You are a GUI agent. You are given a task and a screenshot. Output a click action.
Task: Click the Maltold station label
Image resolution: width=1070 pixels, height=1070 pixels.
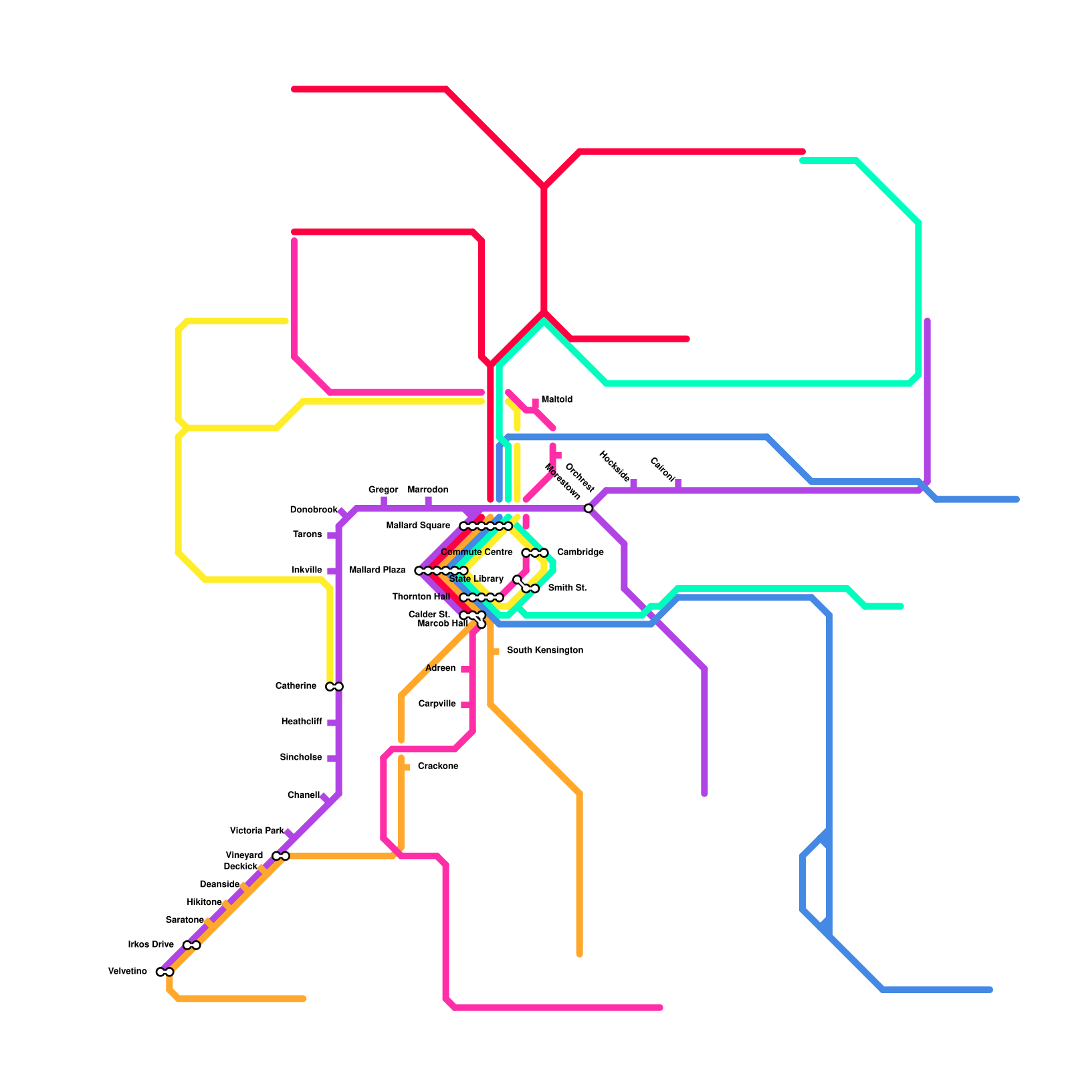point(556,400)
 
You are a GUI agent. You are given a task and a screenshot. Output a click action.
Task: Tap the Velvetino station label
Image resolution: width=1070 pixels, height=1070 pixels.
point(128,972)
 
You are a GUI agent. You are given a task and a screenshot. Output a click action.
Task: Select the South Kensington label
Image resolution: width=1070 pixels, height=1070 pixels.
point(544,651)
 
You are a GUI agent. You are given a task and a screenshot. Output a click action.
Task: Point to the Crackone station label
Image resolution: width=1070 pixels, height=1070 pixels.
point(438,766)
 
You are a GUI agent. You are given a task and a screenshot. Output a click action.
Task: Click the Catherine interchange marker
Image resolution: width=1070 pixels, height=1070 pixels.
point(334,687)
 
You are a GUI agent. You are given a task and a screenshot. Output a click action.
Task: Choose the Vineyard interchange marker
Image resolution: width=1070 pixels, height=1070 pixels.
point(281,857)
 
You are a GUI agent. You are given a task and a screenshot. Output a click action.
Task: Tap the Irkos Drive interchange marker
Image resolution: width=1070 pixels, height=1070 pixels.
point(192,946)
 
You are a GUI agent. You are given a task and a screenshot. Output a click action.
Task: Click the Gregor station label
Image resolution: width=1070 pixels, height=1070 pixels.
point(383,490)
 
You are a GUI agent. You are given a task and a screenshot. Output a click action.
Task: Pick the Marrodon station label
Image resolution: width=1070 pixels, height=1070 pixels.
point(428,490)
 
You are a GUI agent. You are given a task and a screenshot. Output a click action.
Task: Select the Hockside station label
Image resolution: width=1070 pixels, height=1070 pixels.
point(614,466)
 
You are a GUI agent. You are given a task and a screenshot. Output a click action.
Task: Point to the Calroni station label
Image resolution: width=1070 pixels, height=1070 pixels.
point(663,469)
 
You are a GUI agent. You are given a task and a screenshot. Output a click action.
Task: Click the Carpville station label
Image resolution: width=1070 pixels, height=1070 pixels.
point(437,704)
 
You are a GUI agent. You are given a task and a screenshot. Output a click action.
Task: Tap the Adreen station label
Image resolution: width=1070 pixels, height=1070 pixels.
point(440,669)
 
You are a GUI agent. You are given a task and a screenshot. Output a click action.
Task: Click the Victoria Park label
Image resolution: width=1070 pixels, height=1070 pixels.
point(257,831)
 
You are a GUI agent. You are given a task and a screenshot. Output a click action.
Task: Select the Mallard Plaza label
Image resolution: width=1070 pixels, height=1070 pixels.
point(377,570)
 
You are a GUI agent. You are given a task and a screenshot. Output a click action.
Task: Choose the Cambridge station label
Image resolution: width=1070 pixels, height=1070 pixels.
point(580,552)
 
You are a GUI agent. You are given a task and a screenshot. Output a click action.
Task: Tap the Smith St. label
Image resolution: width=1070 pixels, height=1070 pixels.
point(567,588)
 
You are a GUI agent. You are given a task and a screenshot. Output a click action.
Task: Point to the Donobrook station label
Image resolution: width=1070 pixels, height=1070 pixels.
point(314,510)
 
